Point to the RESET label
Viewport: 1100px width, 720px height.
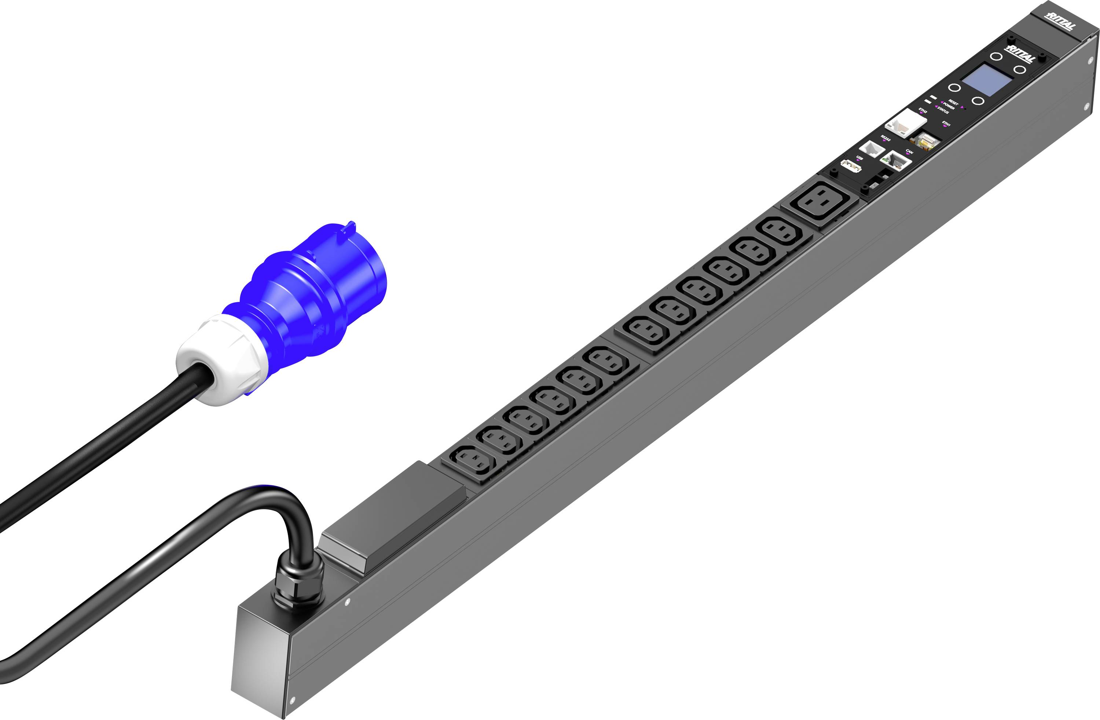tap(953, 103)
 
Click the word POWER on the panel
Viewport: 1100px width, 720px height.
tap(949, 107)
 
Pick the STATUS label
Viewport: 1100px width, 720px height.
tap(943, 112)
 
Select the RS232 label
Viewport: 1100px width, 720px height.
tap(885, 138)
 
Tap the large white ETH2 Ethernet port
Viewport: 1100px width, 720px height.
tap(906, 124)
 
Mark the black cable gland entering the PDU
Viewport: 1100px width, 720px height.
tap(298, 583)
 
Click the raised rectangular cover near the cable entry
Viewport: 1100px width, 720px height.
tap(393, 513)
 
